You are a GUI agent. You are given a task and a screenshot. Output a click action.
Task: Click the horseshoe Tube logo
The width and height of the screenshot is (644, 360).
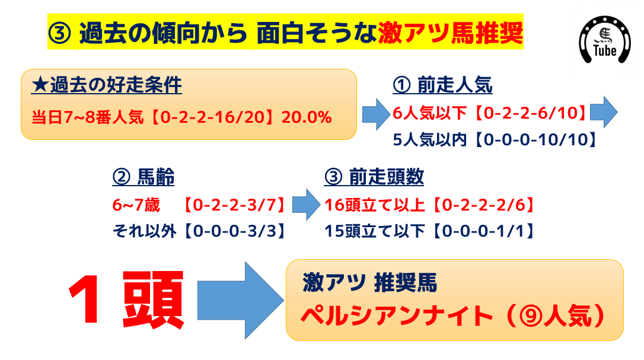pos(605,40)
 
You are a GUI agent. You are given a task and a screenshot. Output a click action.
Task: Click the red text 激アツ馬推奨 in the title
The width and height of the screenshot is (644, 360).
pos(450,33)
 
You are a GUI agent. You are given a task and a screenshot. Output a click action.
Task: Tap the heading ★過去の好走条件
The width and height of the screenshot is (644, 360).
pos(106,85)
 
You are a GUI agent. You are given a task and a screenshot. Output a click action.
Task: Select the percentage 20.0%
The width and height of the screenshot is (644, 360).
pos(307,117)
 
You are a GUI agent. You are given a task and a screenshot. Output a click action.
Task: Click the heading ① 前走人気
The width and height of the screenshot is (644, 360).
pos(442,85)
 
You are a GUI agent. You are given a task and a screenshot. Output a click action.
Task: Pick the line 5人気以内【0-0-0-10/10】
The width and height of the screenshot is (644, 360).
pos(496,140)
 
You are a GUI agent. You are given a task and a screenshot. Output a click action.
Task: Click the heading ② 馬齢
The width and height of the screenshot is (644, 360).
pos(144,177)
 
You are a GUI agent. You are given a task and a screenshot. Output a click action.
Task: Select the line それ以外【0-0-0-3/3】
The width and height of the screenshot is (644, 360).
pos(200,231)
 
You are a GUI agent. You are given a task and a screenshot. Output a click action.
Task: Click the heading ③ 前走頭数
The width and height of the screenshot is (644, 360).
pos(374,177)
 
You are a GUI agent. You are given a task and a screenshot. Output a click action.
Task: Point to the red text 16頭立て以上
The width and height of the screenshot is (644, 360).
pos(375,205)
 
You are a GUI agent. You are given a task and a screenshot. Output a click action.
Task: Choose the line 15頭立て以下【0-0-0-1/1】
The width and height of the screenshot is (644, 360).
pos(430,231)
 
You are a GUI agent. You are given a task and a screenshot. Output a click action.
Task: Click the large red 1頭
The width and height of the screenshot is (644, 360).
pos(126,300)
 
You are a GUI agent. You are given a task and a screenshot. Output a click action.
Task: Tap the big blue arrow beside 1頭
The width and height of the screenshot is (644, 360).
pos(240,301)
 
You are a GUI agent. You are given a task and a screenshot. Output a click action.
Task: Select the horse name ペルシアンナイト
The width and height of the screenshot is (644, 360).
pos(397,316)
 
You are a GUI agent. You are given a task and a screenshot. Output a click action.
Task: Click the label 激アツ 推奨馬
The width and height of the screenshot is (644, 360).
pos(369,283)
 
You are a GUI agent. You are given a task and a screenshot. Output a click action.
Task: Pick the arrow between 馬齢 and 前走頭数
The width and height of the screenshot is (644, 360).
pos(306,205)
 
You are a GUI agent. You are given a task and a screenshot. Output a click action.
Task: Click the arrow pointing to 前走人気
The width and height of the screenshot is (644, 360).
pos(376,114)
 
